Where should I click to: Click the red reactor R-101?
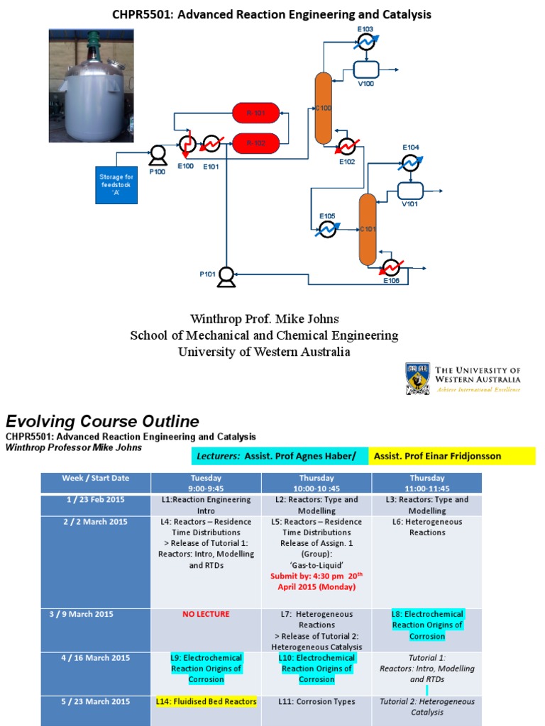255,112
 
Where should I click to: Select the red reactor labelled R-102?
255,143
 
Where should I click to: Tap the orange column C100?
323,107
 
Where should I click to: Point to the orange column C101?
367,228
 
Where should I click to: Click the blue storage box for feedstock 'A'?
116,184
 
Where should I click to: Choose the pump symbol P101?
226,275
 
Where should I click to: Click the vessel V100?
366,69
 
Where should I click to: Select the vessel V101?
410,191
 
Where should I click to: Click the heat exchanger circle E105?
327,229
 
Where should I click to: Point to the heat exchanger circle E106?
390,268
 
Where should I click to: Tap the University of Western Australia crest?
417,379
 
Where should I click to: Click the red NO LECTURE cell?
206,614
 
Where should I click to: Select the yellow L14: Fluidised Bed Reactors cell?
206,701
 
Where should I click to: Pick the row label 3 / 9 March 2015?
95,614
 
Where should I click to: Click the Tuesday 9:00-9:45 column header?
206,483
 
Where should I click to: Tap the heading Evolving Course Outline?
102,421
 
